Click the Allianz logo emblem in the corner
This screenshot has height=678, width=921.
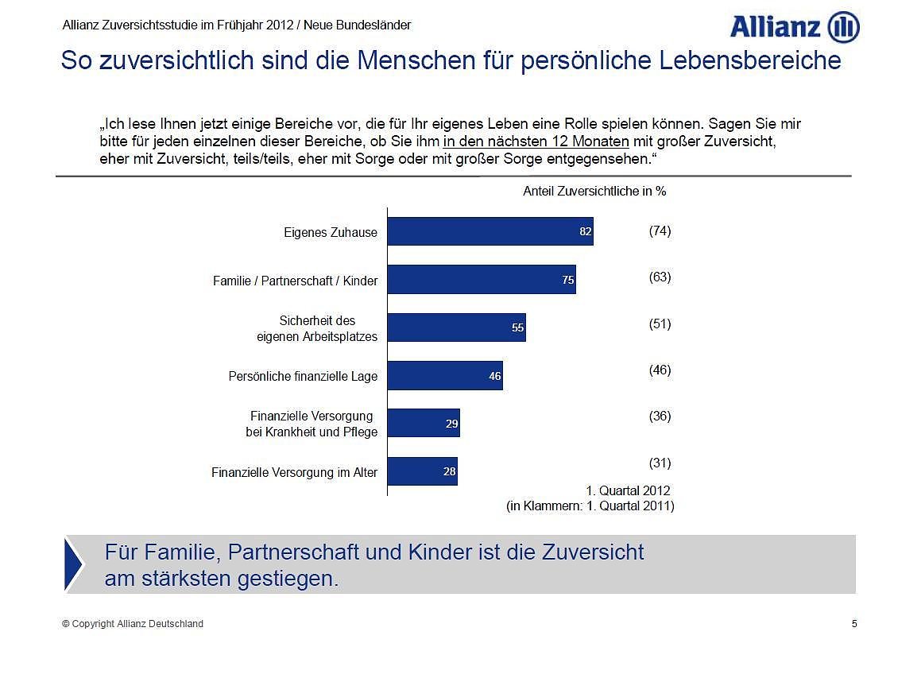(x=843, y=28)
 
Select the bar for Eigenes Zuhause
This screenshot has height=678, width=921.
(x=490, y=231)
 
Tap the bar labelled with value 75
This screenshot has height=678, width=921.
(x=481, y=280)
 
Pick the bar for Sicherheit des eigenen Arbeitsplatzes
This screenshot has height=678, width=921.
(x=456, y=327)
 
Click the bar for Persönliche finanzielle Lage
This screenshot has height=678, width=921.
(x=445, y=376)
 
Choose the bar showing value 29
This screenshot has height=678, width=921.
(x=424, y=424)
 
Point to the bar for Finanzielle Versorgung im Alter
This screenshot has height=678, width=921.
(x=422, y=471)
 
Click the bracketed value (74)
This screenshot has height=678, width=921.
(x=660, y=231)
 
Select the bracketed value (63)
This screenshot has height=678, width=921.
(x=660, y=277)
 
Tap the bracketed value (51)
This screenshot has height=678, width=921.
(x=660, y=324)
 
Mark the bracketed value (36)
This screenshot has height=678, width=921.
(x=660, y=416)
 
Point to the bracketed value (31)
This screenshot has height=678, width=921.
(x=660, y=463)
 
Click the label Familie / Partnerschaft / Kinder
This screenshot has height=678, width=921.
(x=295, y=281)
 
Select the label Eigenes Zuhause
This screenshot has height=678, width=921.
(x=331, y=233)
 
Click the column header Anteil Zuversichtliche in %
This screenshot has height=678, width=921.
(x=594, y=192)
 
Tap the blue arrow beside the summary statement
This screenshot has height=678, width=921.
(x=73, y=564)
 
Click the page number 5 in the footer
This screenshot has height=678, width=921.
(x=854, y=624)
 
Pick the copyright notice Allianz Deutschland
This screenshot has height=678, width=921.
(x=133, y=624)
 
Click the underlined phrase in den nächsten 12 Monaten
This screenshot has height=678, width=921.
(x=536, y=142)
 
